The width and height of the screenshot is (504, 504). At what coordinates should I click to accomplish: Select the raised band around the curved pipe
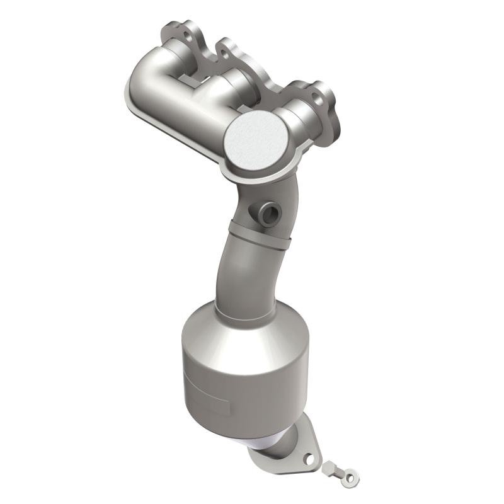[x=260, y=236]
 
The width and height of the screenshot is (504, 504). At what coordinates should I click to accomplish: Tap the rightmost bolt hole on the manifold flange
[x=320, y=94]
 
